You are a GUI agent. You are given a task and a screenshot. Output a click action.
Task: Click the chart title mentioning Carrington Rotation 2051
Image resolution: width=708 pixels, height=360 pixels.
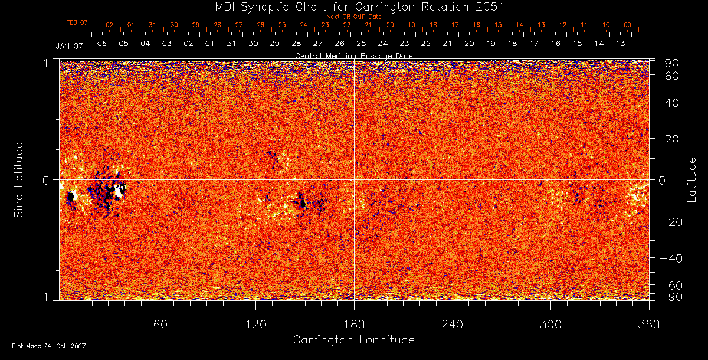(x=354, y=6)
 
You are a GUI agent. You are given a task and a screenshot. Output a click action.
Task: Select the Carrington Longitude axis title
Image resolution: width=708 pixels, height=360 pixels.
(x=353, y=340)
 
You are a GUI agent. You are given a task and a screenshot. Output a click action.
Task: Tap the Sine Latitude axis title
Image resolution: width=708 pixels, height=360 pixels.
(x=19, y=179)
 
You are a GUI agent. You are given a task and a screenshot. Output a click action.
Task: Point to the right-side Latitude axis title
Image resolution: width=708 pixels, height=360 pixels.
(x=691, y=179)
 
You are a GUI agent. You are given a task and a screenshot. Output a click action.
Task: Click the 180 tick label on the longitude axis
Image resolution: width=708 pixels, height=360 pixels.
(x=353, y=324)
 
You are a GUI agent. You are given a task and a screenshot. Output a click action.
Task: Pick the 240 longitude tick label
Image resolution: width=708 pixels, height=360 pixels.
(x=452, y=324)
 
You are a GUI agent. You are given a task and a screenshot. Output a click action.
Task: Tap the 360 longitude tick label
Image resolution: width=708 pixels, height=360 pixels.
(x=648, y=324)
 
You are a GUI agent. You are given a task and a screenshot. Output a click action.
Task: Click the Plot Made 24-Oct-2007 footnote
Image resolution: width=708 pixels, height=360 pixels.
(x=49, y=346)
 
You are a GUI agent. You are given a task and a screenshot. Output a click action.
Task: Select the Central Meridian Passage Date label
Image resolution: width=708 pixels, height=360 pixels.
(x=353, y=55)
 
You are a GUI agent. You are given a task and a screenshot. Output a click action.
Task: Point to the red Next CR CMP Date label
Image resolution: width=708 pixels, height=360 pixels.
(x=353, y=17)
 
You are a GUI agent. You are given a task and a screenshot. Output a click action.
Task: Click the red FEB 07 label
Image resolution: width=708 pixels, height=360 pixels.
(x=77, y=23)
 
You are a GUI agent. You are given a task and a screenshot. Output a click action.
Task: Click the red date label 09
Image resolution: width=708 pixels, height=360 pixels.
(x=627, y=25)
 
